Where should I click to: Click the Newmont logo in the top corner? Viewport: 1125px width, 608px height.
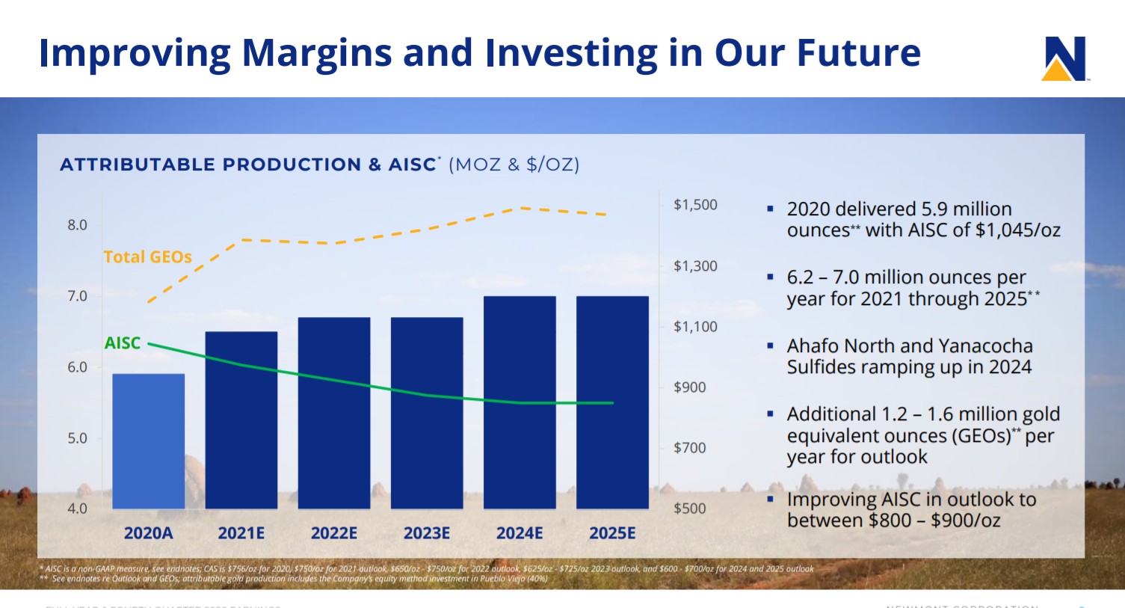(x=1064, y=58)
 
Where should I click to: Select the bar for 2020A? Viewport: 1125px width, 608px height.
(x=148, y=441)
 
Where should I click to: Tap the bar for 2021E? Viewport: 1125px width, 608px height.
(x=241, y=420)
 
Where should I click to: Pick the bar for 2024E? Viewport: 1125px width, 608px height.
(x=520, y=402)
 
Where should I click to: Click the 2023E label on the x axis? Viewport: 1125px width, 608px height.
(x=427, y=533)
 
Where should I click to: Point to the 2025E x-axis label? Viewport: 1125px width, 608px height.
(x=612, y=533)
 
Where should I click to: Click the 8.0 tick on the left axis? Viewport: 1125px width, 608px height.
(x=77, y=225)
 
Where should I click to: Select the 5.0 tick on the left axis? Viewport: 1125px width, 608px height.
(x=77, y=438)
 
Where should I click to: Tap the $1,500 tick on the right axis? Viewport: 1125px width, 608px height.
(x=695, y=205)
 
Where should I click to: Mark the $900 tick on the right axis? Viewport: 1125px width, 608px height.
(x=689, y=387)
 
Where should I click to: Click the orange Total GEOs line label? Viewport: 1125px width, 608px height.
(x=147, y=257)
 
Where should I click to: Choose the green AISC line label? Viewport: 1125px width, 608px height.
(x=123, y=343)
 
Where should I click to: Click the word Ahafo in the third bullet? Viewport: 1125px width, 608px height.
(x=812, y=346)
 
